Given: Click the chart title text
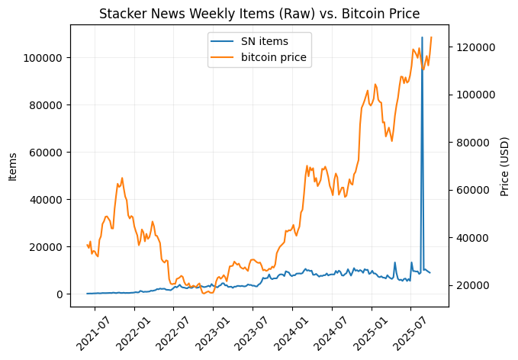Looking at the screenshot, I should point(259,13).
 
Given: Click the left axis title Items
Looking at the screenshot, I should point(13,166).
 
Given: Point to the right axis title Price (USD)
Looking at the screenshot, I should point(505,166).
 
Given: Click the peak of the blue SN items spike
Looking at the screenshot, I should point(422,37).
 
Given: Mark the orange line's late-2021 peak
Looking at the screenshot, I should point(122,178).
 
